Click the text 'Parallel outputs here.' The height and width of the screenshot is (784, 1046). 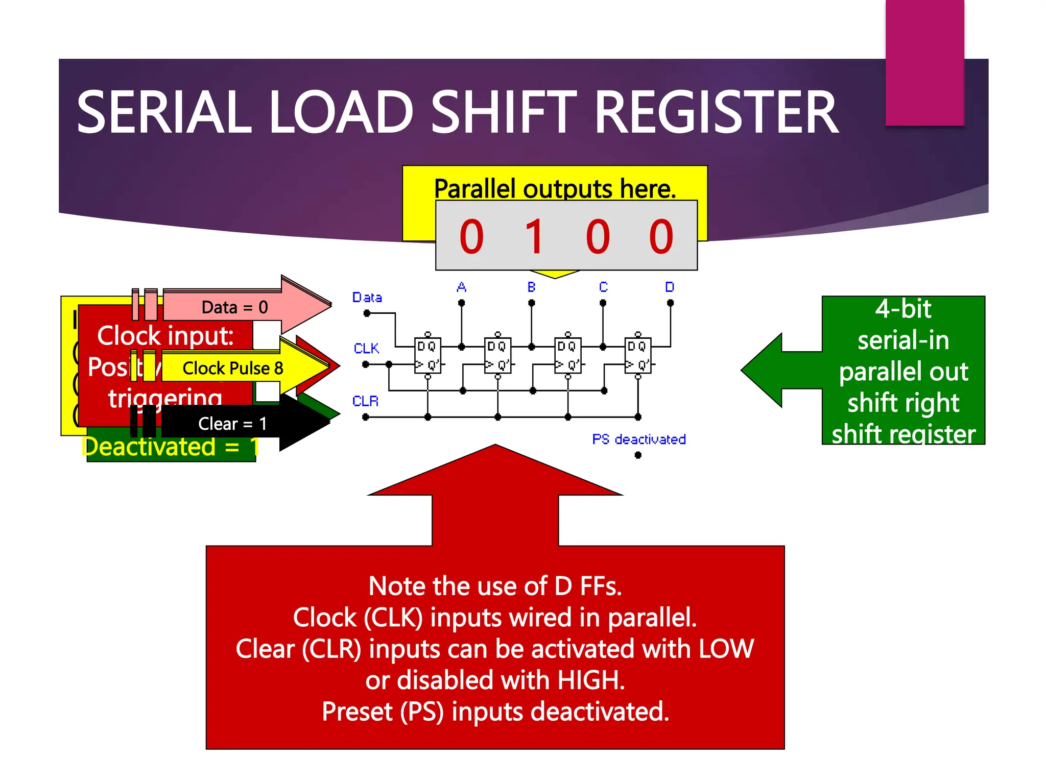(x=555, y=188)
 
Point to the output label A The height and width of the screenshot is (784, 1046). (x=461, y=287)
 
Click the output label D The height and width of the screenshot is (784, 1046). (x=670, y=287)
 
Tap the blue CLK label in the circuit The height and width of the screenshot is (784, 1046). (x=366, y=349)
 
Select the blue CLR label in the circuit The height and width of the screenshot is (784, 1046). (x=365, y=401)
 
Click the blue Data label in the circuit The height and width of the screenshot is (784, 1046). (x=367, y=297)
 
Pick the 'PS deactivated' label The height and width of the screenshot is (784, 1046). (x=639, y=439)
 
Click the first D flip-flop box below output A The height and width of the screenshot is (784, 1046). (x=427, y=355)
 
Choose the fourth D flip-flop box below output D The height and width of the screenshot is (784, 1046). (x=637, y=355)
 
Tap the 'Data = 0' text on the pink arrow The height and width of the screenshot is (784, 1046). (x=234, y=307)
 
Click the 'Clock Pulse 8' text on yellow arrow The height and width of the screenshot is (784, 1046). (x=233, y=368)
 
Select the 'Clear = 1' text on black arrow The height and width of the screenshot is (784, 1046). (x=232, y=424)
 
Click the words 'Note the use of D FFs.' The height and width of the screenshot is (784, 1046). (x=495, y=586)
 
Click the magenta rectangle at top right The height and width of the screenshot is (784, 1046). (x=924, y=61)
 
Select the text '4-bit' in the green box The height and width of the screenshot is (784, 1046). (x=903, y=309)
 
